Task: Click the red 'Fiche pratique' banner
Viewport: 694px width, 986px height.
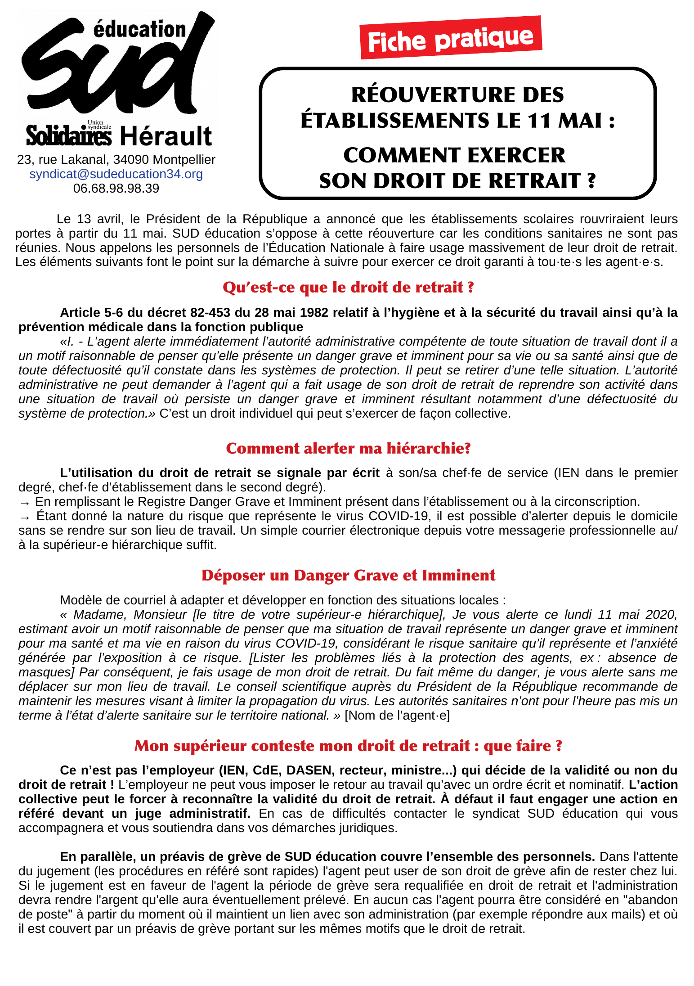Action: (451, 38)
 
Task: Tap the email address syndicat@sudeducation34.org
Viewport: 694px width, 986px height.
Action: (116, 174)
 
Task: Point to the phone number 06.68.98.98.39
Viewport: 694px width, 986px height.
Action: (116, 189)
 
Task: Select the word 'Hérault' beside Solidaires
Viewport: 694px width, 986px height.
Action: (166, 137)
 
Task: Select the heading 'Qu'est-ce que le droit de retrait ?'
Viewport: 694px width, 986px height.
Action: (348, 287)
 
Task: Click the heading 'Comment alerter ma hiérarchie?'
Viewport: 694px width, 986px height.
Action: (348, 448)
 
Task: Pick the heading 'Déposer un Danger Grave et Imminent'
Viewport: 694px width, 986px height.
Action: (348, 575)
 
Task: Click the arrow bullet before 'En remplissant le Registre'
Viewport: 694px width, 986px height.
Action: (25, 502)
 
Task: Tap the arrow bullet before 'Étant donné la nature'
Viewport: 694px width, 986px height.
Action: (25, 517)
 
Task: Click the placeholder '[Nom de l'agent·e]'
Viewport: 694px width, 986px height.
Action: (397, 715)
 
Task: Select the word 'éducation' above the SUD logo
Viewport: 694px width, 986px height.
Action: (139, 30)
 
